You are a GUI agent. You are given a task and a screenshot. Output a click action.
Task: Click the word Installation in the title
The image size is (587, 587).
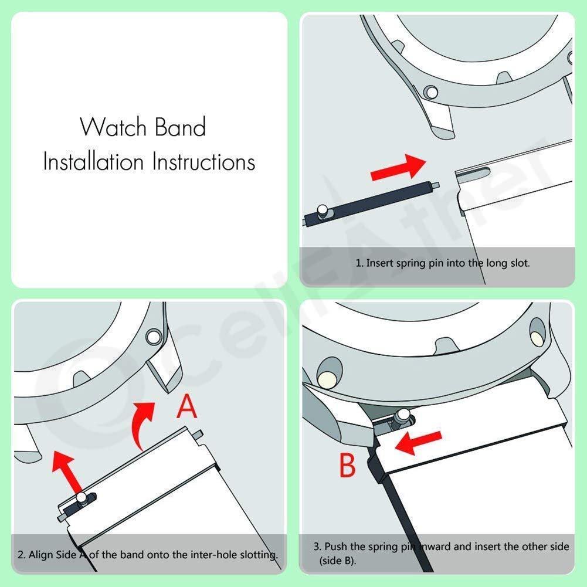[x=93, y=161]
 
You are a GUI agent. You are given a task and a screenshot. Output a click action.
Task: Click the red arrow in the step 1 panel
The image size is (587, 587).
[x=398, y=168]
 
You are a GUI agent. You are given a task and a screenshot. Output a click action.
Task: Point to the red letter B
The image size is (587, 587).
[x=348, y=466]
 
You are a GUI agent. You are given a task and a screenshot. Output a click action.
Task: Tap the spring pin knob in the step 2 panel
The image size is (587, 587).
[x=83, y=498]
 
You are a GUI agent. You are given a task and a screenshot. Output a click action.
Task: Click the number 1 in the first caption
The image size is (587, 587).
[x=358, y=263]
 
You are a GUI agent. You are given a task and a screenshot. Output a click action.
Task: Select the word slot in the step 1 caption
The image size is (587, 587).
[x=519, y=263]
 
